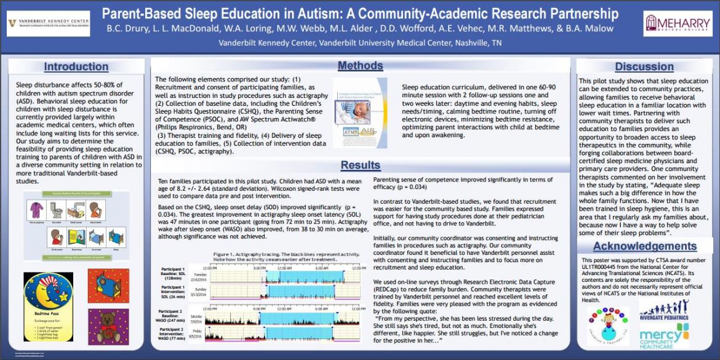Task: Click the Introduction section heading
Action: tap(76, 66)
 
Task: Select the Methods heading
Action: tap(361, 66)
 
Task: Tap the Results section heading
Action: tap(361, 165)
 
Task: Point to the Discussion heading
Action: tap(644, 66)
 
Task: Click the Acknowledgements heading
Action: tap(644, 247)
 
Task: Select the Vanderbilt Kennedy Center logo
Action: tap(48, 23)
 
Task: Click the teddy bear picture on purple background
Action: tap(108, 326)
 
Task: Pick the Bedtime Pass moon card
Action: tap(48, 308)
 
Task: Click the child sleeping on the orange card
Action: tap(108, 286)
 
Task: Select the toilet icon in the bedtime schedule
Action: tap(58, 210)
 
